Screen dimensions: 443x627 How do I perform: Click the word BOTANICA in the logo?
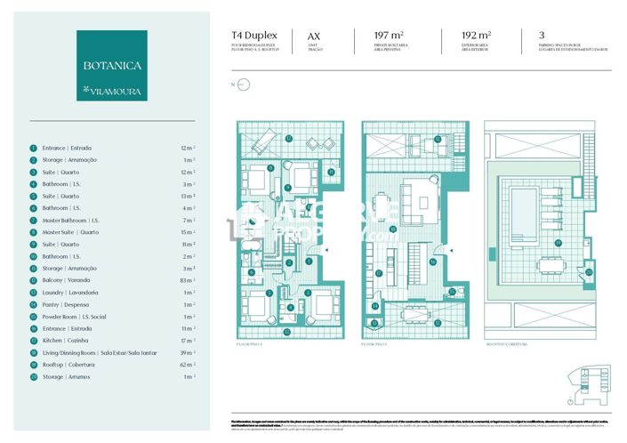pos(112,66)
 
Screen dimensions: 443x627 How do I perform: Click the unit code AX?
pos(313,36)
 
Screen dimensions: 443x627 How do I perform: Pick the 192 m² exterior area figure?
pos(478,36)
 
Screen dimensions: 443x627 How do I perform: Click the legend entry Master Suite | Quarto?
pos(76,231)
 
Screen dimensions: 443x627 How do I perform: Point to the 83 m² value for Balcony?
pos(188,280)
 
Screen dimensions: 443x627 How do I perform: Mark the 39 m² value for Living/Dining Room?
pos(188,352)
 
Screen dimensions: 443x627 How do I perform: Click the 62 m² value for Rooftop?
pos(188,365)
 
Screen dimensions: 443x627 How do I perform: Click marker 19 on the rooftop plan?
pos(558,241)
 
